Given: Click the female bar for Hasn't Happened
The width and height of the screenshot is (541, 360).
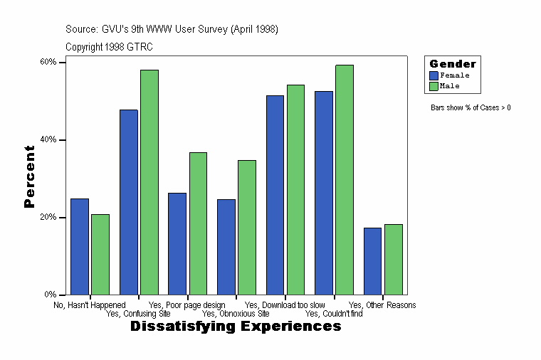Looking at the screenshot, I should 80,246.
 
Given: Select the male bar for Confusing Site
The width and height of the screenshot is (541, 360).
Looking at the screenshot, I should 149,182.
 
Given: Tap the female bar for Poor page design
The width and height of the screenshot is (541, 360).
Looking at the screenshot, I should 177,243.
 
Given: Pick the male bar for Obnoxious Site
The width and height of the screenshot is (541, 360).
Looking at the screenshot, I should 247,227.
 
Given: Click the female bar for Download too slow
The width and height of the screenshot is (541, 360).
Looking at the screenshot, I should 275,195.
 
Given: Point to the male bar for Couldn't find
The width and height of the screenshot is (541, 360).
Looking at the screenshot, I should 345,179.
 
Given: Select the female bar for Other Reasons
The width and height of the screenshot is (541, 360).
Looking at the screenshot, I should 373,261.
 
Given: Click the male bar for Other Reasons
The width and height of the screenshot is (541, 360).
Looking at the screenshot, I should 394,259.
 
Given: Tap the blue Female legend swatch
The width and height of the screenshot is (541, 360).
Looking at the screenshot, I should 434,75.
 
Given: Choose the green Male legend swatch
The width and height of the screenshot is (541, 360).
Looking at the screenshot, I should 434,85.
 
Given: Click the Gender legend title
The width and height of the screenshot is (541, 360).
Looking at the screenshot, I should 453,64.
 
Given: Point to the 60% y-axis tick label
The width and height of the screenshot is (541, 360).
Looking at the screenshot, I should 48,62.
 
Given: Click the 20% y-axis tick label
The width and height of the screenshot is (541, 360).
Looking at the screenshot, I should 48,217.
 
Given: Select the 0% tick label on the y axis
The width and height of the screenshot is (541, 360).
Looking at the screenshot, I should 50,295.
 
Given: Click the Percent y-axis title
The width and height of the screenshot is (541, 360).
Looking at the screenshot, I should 29,176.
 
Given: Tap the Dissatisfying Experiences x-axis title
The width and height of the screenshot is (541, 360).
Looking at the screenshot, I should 236,327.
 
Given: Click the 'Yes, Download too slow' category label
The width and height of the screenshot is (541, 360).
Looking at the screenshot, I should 285,305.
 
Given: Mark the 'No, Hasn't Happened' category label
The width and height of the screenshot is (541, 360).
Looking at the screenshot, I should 90,305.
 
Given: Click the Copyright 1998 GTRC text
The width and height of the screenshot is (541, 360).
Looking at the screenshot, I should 109,47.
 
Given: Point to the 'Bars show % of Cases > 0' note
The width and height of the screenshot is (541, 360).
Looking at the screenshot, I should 471,107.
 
